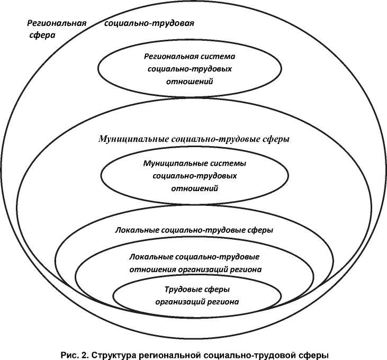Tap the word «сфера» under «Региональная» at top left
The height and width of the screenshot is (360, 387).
pyautogui.click(x=42, y=36)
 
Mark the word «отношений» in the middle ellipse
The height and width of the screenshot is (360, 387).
pyautogui.click(x=195, y=187)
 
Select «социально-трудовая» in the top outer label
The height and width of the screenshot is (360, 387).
pyautogui.click(x=150, y=23)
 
